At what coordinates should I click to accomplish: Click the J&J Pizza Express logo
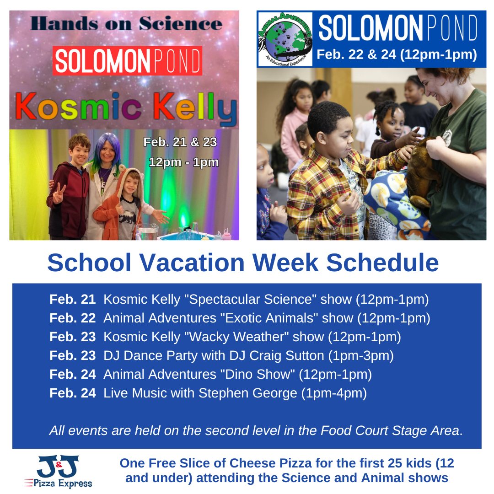(x=59, y=471)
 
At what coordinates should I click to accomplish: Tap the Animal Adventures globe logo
(x=285, y=39)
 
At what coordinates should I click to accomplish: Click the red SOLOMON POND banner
(x=127, y=61)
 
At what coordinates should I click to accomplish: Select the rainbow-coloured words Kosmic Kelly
(x=126, y=107)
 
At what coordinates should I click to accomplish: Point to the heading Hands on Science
(x=126, y=24)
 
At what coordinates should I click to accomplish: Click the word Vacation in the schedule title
(x=192, y=263)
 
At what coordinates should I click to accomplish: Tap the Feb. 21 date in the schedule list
(x=72, y=299)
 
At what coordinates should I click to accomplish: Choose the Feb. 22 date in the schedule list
(x=72, y=318)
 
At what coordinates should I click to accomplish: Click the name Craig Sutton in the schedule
(x=287, y=356)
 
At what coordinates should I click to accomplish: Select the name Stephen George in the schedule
(x=247, y=393)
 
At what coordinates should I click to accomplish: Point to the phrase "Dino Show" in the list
(x=258, y=374)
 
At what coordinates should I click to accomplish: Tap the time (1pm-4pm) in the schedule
(x=334, y=393)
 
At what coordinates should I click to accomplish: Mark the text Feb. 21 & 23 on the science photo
(x=180, y=142)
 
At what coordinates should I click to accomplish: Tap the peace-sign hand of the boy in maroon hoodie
(x=59, y=193)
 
